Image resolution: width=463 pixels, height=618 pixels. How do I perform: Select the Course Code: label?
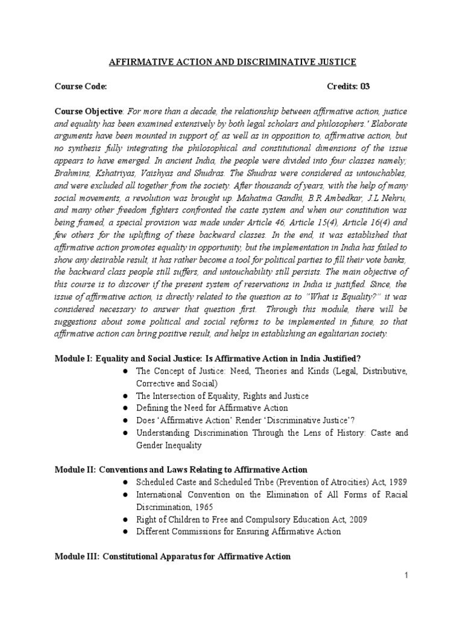(x=81, y=86)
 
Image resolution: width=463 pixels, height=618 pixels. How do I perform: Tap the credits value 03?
(x=365, y=86)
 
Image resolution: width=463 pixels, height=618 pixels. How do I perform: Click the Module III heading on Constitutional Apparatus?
(x=173, y=556)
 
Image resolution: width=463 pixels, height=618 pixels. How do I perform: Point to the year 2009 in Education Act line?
(x=354, y=519)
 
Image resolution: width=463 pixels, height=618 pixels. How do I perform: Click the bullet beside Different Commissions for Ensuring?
(x=124, y=532)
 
